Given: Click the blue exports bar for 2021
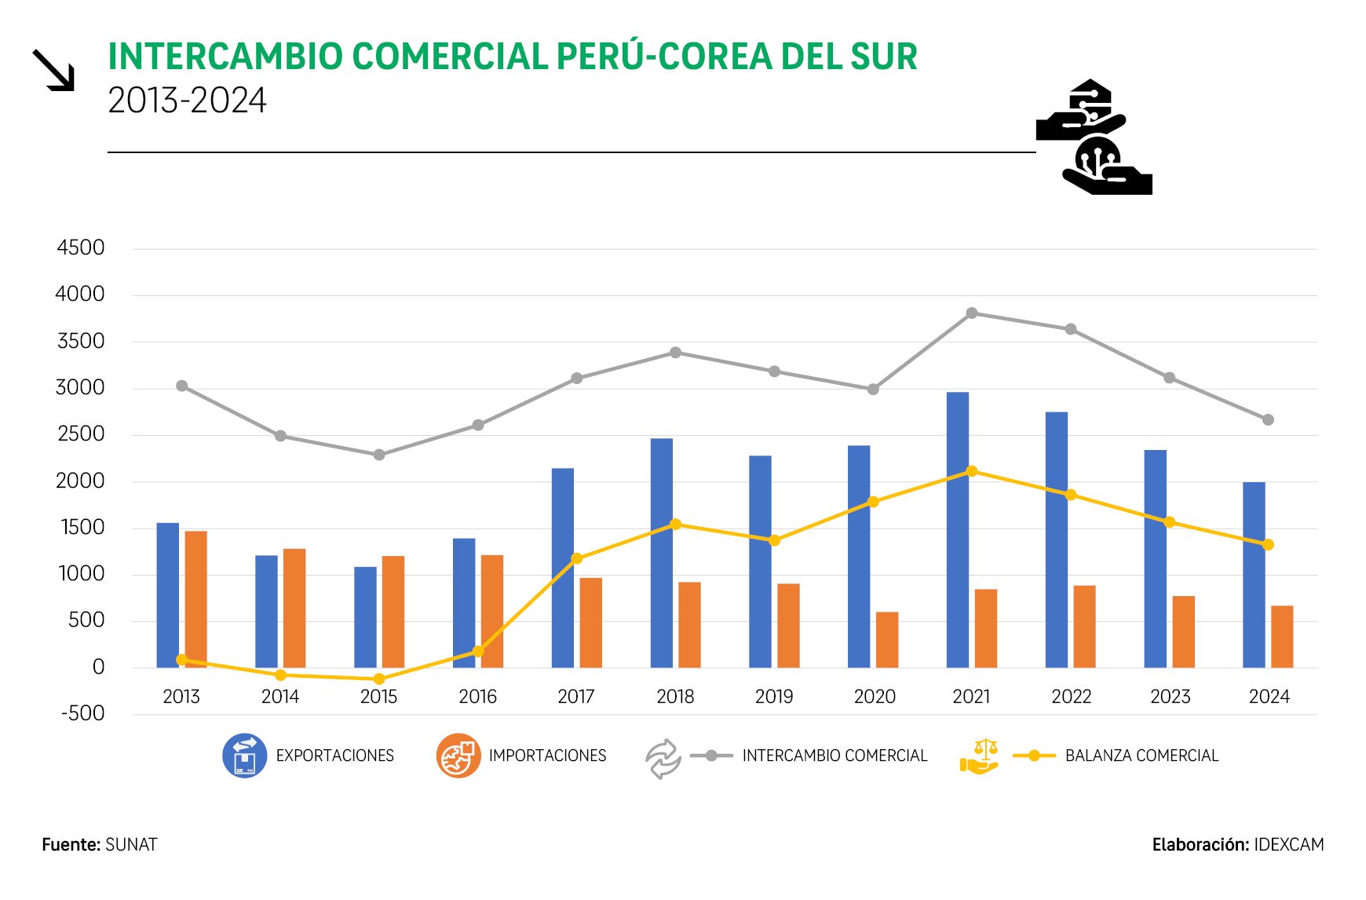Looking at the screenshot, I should point(957,530).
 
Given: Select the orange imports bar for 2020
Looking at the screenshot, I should point(887,640).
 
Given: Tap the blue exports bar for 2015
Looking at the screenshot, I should point(365,617).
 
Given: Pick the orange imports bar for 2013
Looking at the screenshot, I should point(196,599).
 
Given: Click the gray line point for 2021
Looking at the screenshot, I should point(972,313).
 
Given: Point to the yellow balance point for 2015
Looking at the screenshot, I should point(379,679).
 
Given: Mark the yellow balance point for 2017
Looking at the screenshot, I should point(577,558).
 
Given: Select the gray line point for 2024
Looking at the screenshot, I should point(1268,420).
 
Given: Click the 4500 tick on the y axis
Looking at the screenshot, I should point(81,248).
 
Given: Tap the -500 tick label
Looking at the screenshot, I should point(83,714).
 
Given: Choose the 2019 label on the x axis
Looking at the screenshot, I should point(774,697).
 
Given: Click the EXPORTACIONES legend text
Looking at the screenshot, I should point(334,755).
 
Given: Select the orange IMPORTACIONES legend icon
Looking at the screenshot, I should point(458,755).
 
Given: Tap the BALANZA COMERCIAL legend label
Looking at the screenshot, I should point(1141,755).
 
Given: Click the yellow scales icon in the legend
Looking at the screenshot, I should point(980,756).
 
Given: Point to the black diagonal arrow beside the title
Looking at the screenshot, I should point(53,71).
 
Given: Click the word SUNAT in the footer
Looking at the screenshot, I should point(131,845).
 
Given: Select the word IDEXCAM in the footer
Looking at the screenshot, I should point(1288,845).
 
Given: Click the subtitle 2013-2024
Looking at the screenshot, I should point(187,101).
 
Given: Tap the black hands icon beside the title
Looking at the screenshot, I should point(1094,137).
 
